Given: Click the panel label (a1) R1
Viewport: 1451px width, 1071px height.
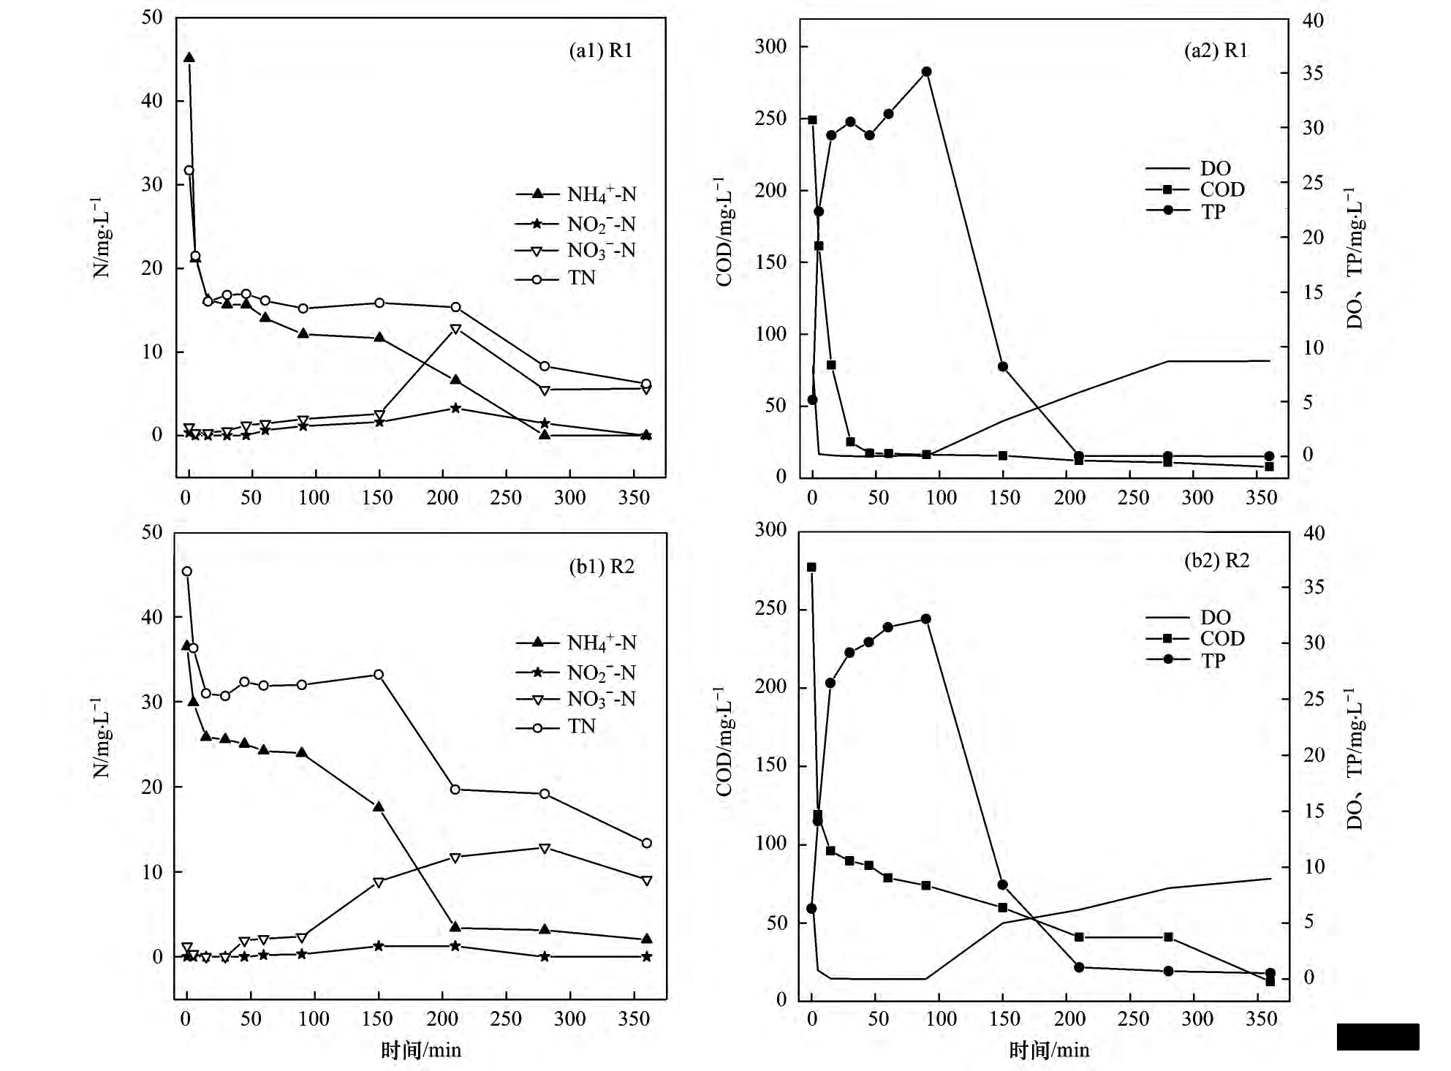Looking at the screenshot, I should pos(600,50).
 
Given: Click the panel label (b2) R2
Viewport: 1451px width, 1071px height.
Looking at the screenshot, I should pos(1216,561).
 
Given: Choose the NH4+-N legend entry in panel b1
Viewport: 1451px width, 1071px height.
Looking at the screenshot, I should pos(576,643).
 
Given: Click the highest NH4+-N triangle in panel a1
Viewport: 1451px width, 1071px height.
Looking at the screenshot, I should pos(189,58).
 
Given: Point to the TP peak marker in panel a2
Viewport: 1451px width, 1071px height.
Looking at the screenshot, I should pos(927,72).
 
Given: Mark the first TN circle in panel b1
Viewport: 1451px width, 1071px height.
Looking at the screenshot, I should pos(187,572).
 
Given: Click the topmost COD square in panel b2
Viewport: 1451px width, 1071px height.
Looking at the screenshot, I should pos(811,567).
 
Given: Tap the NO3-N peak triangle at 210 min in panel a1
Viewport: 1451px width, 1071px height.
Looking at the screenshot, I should pos(455,329).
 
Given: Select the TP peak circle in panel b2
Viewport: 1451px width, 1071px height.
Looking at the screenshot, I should pos(926,618).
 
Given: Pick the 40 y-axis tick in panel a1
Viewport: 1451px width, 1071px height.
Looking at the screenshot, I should pos(152,101).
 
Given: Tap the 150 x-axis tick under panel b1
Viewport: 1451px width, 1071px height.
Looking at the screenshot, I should pos(377,1018).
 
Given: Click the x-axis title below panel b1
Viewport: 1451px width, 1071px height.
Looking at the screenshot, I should pos(421,1051).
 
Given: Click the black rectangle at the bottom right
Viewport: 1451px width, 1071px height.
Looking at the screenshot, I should pos(1377,1037).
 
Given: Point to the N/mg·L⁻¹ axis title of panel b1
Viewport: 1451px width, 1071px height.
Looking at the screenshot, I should pos(102,738).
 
